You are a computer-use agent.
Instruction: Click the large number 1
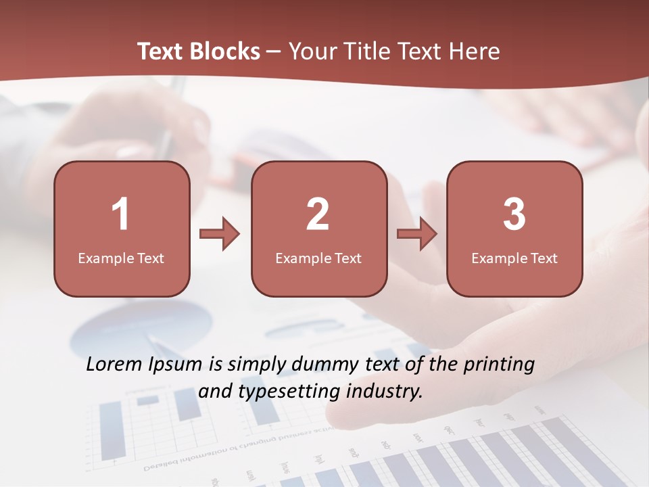tap(120, 214)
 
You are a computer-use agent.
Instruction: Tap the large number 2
tap(318, 214)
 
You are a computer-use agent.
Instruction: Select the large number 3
tap(514, 214)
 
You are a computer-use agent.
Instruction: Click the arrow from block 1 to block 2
tap(220, 234)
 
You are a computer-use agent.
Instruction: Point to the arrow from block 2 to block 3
tap(417, 234)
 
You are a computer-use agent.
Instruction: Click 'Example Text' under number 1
tap(121, 258)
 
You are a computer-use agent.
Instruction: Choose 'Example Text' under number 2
tap(318, 258)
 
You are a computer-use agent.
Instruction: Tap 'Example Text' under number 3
tap(514, 258)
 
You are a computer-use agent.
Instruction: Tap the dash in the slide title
tap(274, 52)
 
